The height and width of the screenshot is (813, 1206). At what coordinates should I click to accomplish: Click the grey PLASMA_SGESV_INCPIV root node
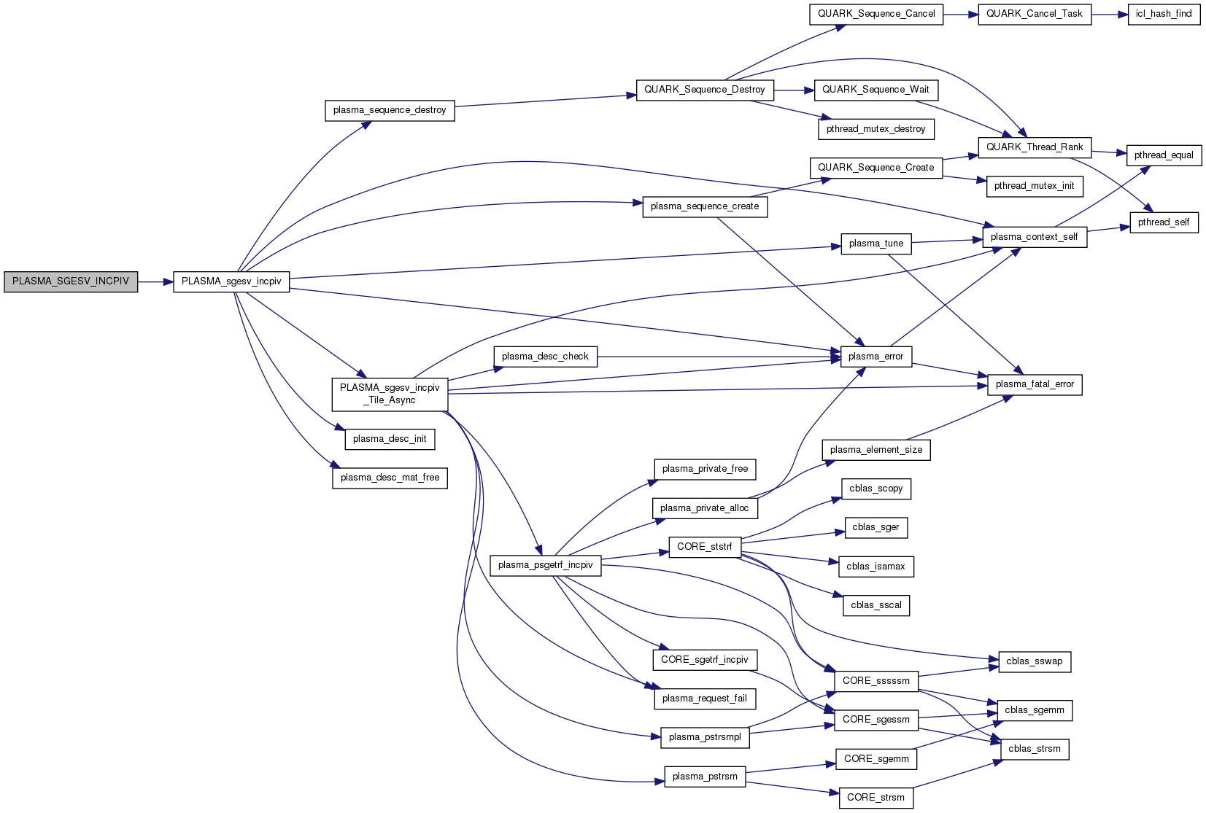click(71, 281)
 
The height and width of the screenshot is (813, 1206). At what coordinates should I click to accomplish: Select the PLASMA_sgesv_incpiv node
click(231, 281)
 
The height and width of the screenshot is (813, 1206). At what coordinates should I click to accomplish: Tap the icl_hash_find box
click(1164, 14)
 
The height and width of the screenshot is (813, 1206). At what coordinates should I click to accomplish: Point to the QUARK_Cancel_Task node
click(1034, 14)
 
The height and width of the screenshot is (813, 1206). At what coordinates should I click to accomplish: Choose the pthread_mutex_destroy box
click(875, 129)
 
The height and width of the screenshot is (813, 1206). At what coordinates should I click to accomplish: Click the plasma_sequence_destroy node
click(390, 110)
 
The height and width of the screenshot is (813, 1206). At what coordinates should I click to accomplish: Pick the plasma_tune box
click(875, 244)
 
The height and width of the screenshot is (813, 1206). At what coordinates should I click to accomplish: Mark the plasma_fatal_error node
click(1035, 384)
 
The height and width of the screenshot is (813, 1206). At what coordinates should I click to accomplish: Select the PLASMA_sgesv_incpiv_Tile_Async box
click(390, 394)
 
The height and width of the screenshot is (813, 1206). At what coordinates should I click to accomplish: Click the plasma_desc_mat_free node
click(390, 478)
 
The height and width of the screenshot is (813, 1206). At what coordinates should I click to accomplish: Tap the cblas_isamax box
click(875, 567)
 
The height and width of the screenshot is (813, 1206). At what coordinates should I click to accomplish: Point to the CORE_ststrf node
click(704, 547)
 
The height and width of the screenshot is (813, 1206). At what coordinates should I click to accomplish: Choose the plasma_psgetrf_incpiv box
click(545, 565)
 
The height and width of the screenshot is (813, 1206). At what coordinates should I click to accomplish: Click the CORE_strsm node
click(875, 798)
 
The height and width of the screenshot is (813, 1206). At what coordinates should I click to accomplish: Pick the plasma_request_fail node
click(704, 699)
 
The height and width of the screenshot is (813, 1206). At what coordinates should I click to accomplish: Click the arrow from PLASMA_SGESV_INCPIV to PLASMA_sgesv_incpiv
click(155, 281)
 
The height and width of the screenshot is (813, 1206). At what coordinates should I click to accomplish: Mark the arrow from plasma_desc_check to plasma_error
click(719, 357)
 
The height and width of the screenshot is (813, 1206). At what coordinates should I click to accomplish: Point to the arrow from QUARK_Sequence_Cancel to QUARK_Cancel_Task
click(960, 14)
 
